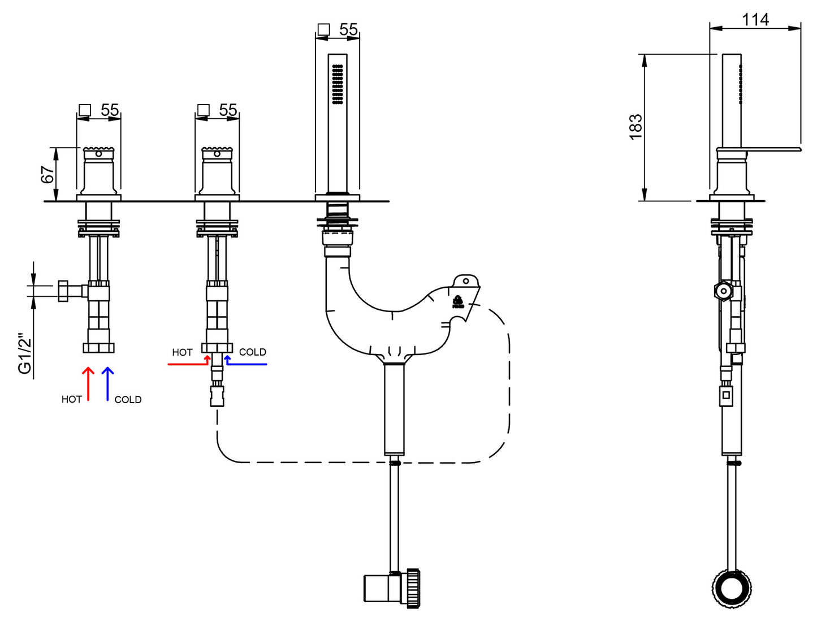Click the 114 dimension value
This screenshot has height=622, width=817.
[755, 20]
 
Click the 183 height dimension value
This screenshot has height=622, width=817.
[636, 127]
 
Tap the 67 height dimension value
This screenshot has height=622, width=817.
[48, 174]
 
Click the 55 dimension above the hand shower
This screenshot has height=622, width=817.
[348, 29]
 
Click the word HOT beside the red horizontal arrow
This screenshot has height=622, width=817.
[182, 352]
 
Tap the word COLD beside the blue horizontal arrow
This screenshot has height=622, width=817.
[252, 352]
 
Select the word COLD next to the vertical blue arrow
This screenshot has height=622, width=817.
[128, 400]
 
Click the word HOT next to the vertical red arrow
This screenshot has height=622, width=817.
[72, 399]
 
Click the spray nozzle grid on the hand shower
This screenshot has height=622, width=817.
[338, 84]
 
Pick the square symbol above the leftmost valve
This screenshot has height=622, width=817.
[85, 110]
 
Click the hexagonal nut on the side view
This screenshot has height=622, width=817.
[723, 291]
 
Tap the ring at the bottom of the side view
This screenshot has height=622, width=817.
[732, 589]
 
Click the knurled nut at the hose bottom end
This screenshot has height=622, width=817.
[413, 589]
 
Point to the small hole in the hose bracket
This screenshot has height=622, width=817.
[466, 280]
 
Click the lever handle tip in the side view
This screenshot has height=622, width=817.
[797, 149]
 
